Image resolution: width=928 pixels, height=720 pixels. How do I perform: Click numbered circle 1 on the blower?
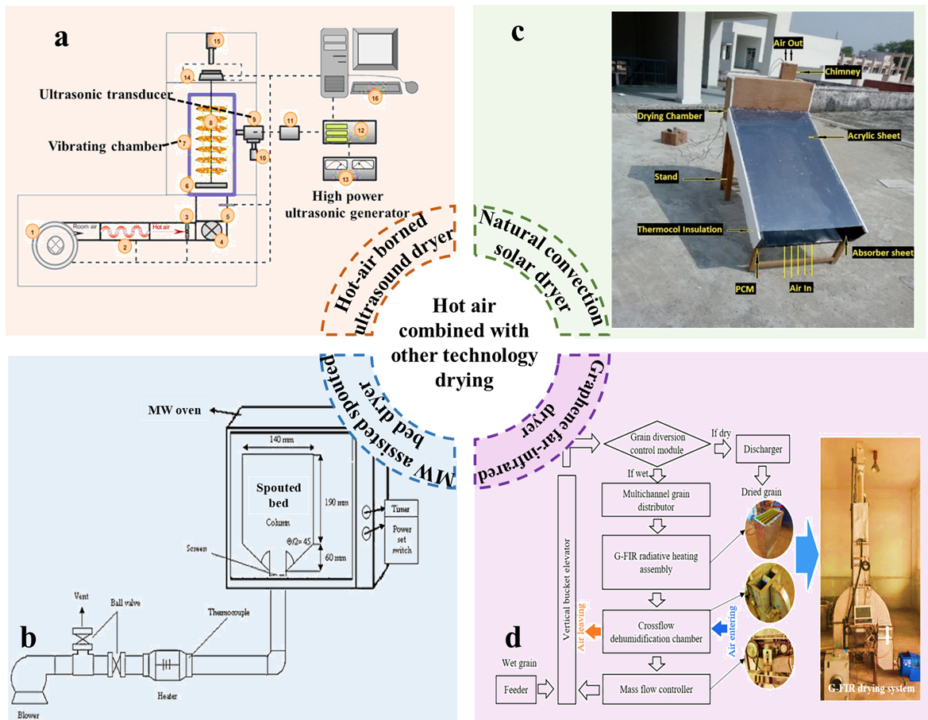tap(33, 230)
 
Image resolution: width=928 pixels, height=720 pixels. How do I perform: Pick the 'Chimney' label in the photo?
tap(842, 71)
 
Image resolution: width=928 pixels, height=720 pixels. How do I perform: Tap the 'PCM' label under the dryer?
tap(744, 290)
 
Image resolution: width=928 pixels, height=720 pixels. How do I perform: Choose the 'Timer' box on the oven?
tap(397, 507)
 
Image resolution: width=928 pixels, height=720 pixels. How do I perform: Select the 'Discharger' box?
tap(763, 449)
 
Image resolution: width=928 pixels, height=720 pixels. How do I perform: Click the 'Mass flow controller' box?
tap(655, 689)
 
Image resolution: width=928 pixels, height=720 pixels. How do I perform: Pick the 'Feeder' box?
tap(516, 689)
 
